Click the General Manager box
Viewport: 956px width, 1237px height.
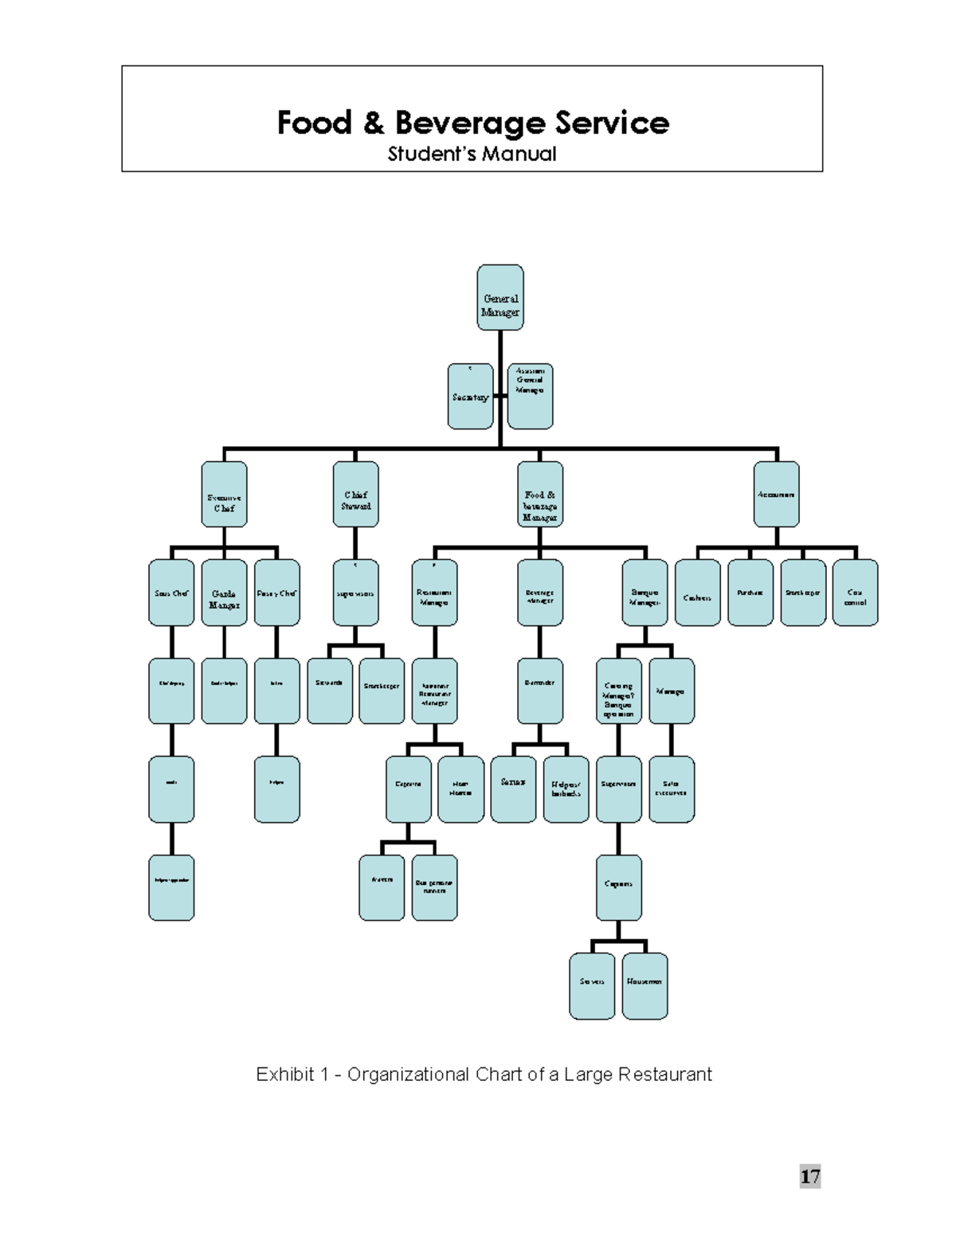pos(500,298)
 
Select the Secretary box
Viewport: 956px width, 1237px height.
pos(470,397)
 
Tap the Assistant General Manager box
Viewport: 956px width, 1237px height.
pos(530,397)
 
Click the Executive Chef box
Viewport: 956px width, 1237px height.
pos(224,495)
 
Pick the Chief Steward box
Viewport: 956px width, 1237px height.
pos(355,495)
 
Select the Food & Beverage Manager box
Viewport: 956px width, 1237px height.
pos(539,495)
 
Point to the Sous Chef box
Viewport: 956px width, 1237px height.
pos(171,593)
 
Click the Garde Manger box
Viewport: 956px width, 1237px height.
pos(224,593)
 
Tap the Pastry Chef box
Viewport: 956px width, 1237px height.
pos(276,593)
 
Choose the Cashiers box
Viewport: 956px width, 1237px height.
pos(697,593)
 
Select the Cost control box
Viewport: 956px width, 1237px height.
pos(855,593)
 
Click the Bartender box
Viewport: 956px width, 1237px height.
pos(539,691)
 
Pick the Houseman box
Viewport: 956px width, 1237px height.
pos(645,986)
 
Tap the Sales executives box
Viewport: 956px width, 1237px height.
pos(671,789)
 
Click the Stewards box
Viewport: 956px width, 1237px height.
pos(329,691)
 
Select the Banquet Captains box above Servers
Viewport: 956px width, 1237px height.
pos(618,887)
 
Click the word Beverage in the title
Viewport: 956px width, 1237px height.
pos(469,123)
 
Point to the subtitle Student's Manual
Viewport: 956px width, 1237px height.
pos(472,154)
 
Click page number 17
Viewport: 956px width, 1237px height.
pos(810,1176)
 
